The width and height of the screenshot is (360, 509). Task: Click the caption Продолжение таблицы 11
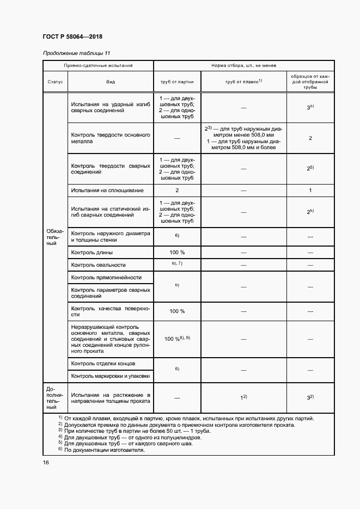[x=76, y=53]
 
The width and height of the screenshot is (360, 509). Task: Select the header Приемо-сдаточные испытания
[x=98, y=65]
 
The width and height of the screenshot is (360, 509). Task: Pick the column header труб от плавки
[x=243, y=82]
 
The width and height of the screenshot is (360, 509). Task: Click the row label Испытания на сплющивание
[x=107, y=191]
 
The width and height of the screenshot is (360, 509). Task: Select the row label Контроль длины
[x=90, y=253]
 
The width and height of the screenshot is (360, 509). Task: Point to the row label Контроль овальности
[x=99, y=265]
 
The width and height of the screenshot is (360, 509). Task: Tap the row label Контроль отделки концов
[x=103, y=363]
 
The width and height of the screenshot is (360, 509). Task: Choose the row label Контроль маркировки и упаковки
[x=110, y=376]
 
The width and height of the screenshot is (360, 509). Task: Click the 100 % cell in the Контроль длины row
[x=177, y=253]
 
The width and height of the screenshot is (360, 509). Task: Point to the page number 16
[x=46, y=462]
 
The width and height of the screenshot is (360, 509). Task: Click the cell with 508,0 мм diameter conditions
[x=243, y=138]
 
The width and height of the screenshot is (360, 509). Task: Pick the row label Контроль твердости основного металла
[x=110, y=138]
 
